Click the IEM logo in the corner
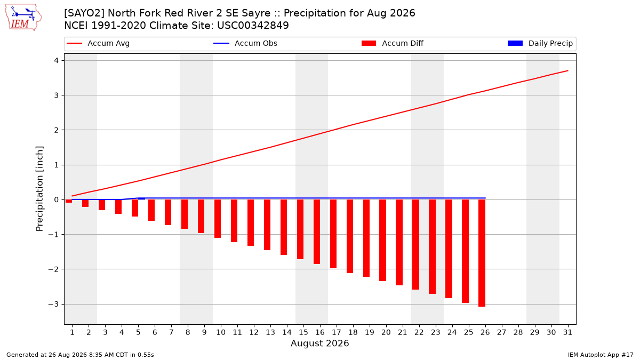click(x=23, y=18)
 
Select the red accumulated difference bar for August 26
click(x=482, y=253)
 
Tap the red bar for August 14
click(x=284, y=227)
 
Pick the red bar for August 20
click(x=383, y=241)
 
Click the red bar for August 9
click(x=201, y=217)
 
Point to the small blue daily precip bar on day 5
click(x=141, y=198)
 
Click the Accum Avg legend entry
click(x=98, y=43)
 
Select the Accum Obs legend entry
click(x=245, y=43)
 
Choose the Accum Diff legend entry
click(x=393, y=43)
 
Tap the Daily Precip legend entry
click(x=540, y=43)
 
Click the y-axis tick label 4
click(x=57, y=61)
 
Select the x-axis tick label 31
click(x=567, y=332)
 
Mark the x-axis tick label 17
click(x=337, y=332)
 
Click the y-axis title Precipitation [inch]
click(x=39, y=189)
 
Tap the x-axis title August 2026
click(x=319, y=343)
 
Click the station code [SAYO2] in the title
click(x=84, y=13)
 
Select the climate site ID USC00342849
click(x=253, y=26)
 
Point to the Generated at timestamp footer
click(x=80, y=355)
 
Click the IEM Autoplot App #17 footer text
click(x=601, y=355)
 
